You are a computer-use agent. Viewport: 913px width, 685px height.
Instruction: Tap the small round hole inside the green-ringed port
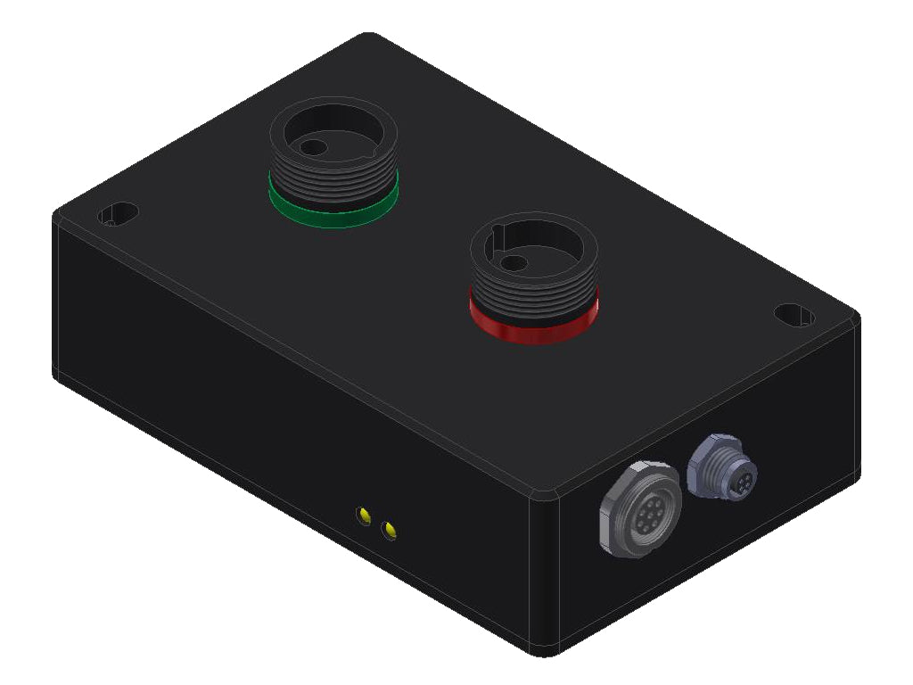click(x=311, y=147)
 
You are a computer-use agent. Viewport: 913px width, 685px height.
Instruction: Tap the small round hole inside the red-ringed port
click(x=512, y=263)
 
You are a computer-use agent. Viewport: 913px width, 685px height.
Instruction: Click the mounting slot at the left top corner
click(x=118, y=215)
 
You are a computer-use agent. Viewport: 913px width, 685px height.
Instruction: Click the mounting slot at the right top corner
click(x=793, y=315)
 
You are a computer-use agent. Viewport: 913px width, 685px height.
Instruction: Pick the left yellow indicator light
click(x=364, y=515)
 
